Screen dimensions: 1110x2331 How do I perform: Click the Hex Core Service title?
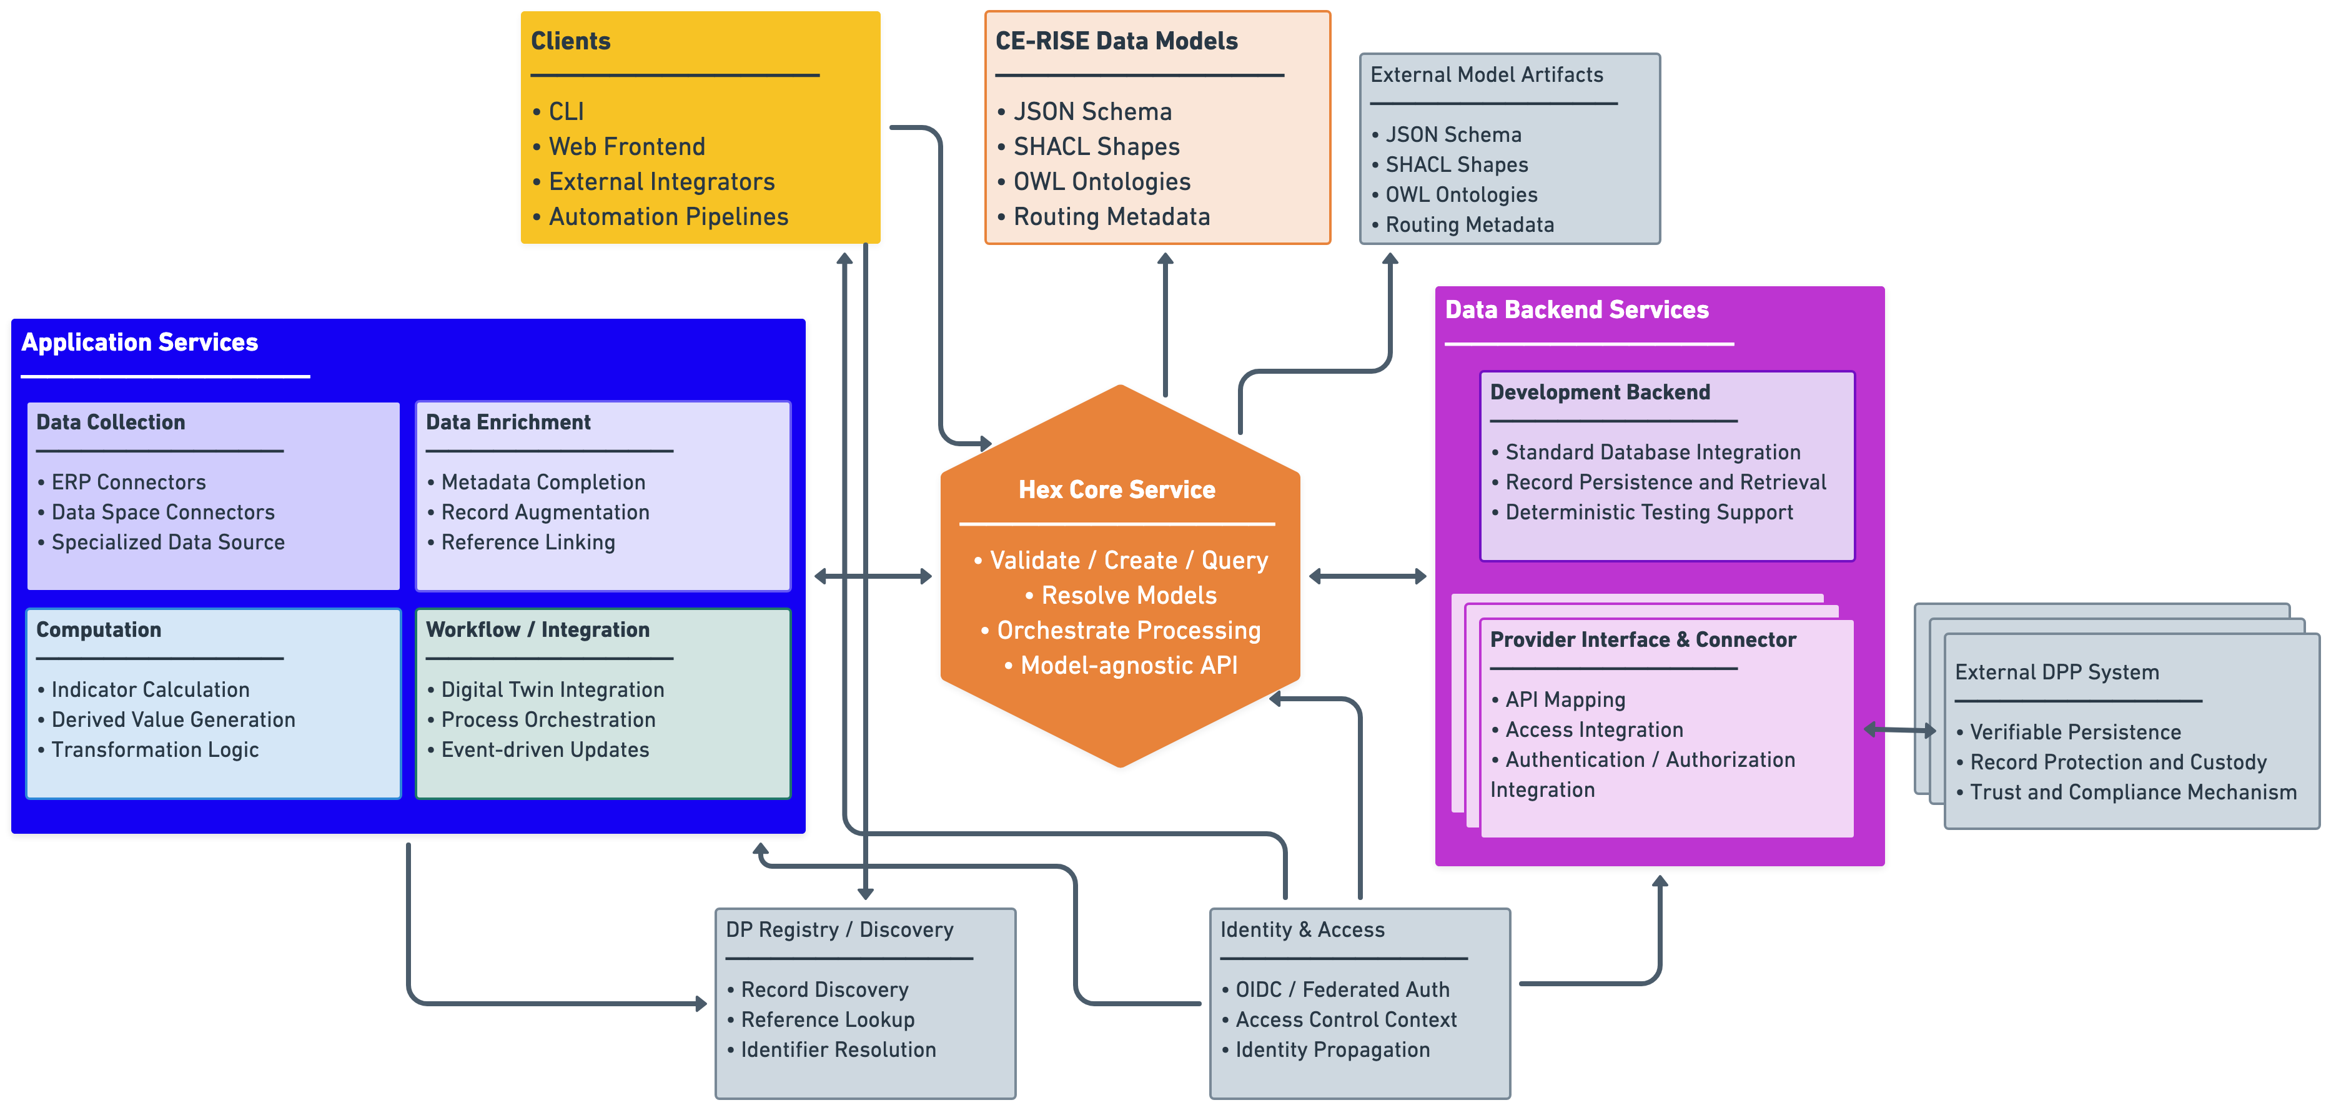coord(1117,490)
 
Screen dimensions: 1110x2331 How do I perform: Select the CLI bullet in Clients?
coord(565,111)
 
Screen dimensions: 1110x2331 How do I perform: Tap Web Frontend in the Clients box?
coord(626,147)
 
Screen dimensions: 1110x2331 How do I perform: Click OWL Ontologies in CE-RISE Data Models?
coord(1101,182)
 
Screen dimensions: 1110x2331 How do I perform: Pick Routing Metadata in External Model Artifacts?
coord(1468,224)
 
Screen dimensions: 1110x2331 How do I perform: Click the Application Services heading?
coord(139,342)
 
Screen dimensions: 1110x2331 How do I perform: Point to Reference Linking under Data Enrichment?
coord(528,542)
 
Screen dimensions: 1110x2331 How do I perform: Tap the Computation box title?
coord(99,629)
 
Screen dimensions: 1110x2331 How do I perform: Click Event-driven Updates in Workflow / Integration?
coord(545,749)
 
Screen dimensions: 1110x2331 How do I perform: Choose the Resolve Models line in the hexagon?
coord(1129,595)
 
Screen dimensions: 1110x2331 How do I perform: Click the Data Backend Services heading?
coord(1576,309)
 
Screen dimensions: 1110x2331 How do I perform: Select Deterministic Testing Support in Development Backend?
coord(1648,512)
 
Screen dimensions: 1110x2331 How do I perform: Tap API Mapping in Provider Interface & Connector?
coord(1565,700)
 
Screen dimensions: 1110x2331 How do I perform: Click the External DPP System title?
coord(2056,672)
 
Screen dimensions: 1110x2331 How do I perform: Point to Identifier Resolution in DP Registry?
coord(838,1049)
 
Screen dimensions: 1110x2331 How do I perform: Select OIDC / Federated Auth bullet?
coord(1342,989)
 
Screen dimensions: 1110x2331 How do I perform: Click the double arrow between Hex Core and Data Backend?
coord(1367,576)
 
